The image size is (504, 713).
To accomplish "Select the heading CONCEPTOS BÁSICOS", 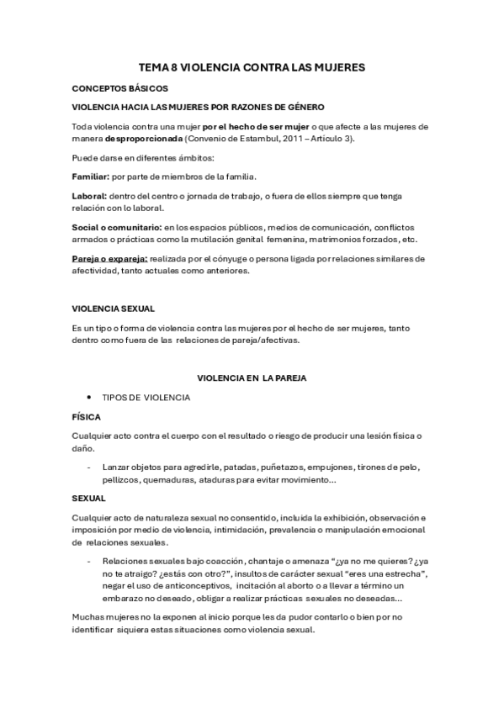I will (x=119, y=87).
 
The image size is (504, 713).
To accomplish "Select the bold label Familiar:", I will (x=90, y=176).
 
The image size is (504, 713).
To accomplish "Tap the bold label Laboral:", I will (x=89, y=195).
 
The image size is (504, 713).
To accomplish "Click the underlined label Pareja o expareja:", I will (x=109, y=258).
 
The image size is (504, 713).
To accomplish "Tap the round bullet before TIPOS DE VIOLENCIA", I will (x=88, y=397).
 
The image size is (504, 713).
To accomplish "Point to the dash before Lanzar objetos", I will (x=89, y=466).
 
